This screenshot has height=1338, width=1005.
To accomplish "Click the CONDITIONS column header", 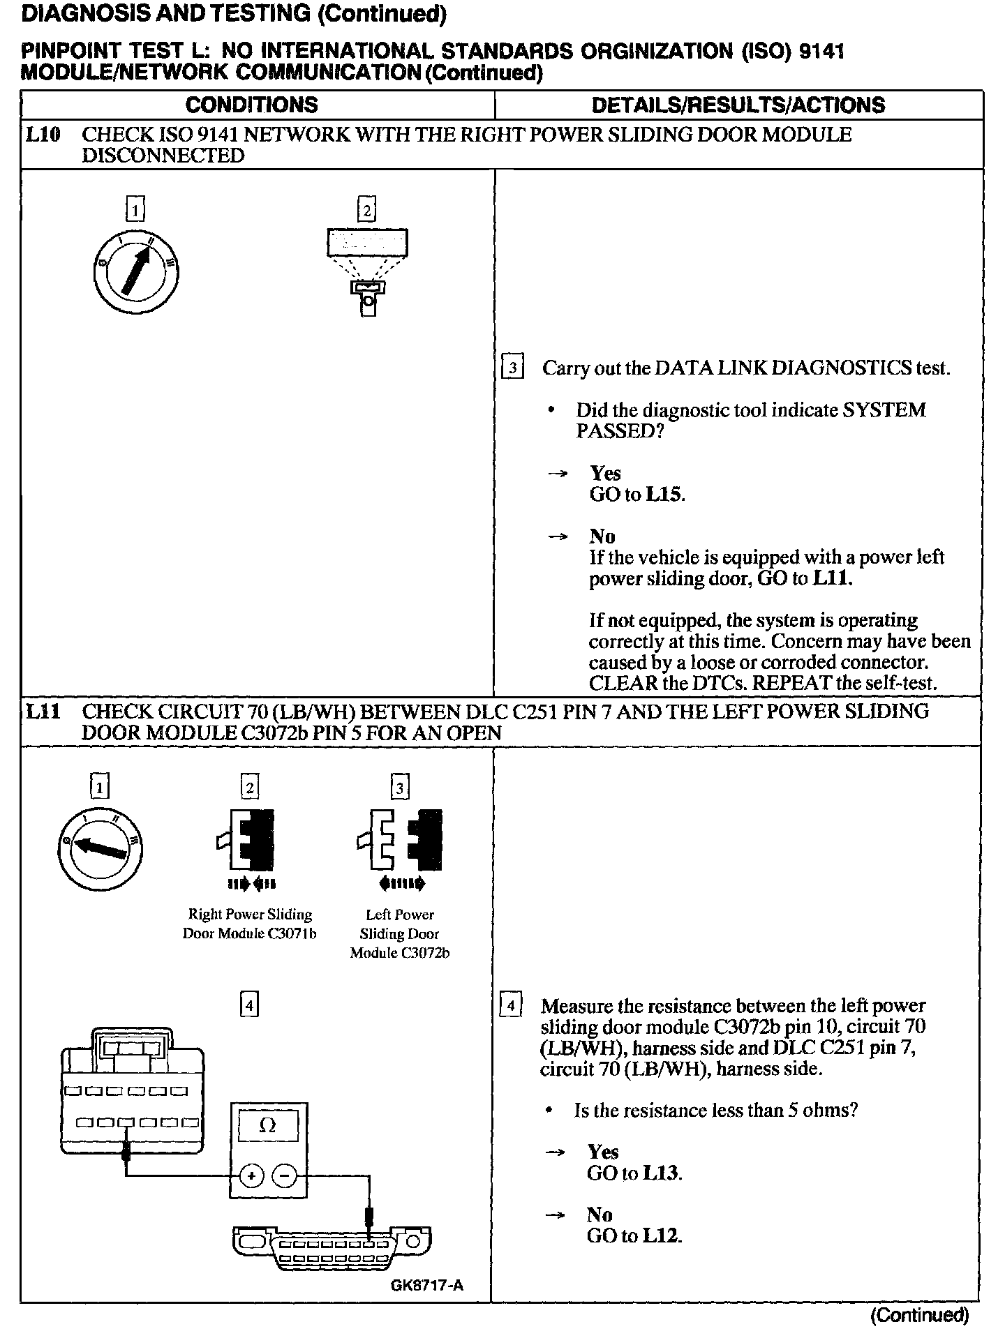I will pyautogui.click(x=251, y=105).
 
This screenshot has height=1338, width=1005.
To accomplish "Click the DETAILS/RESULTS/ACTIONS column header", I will pyautogui.click(x=738, y=105).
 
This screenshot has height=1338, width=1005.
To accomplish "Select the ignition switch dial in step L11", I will pyautogui.click(x=100, y=845).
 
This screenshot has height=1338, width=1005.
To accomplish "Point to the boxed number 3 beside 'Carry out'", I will pyautogui.click(x=513, y=368).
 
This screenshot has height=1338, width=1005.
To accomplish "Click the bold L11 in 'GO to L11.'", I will pyautogui.click(x=831, y=578).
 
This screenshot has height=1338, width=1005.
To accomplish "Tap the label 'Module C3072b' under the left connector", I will pyautogui.click(x=400, y=953).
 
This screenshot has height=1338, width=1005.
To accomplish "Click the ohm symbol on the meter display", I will pyautogui.click(x=268, y=1125).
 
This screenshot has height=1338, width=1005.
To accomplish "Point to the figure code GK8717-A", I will pyautogui.click(x=427, y=1284).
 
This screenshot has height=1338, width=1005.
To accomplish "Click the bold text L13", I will pyautogui.click(x=660, y=1173).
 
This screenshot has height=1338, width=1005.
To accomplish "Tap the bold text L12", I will pyautogui.click(x=660, y=1235).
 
